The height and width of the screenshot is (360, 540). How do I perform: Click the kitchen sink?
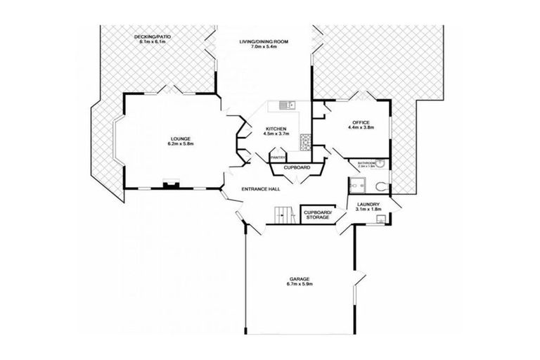coord(285,106)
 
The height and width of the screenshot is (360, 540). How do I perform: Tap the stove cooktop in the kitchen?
coord(305,143)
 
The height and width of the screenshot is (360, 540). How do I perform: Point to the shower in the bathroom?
coord(356,186)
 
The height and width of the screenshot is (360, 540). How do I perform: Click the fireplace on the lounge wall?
coord(169,186)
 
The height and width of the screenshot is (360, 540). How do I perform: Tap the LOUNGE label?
coord(180,139)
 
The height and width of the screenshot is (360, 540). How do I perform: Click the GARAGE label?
coord(299,278)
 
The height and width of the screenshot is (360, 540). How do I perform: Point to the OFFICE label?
coord(361,123)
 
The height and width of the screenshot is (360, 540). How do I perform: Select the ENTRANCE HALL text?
coord(261,190)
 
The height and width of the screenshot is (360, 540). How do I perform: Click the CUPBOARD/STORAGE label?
coord(316,214)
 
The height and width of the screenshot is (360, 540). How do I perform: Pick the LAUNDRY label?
coord(368,204)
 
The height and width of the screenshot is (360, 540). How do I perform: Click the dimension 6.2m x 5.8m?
coord(180,144)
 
